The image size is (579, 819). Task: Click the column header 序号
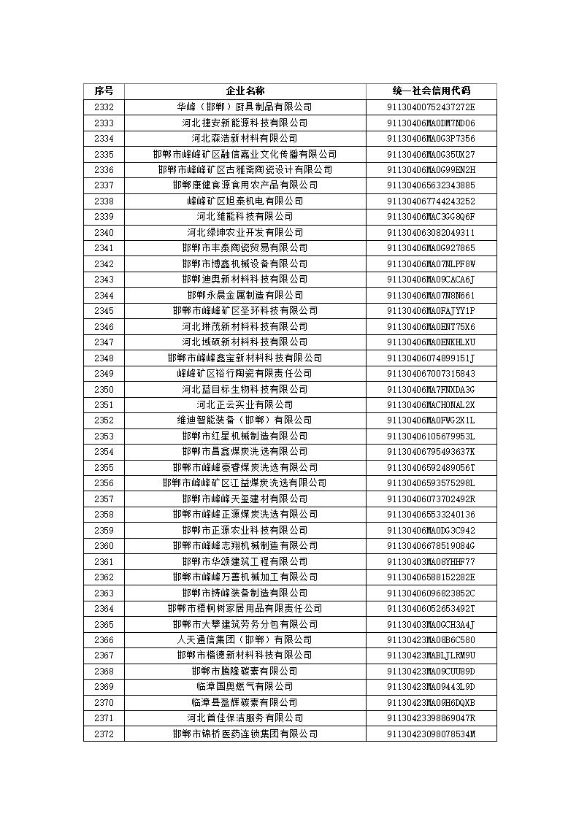(x=104, y=91)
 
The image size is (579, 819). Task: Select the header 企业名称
(x=245, y=91)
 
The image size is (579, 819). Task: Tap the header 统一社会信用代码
(x=431, y=91)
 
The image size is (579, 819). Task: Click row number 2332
(x=104, y=107)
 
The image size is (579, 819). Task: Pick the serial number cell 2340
(x=104, y=232)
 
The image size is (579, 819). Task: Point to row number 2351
(x=104, y=404)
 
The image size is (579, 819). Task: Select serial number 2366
(x=104, y=639)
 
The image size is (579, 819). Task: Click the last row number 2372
(x=104, y=734)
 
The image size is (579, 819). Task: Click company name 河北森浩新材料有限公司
(x=245, y=138)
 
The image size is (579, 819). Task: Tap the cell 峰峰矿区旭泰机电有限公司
(x=245, y=201)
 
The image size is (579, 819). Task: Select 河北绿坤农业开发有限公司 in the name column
(x=245, y=232)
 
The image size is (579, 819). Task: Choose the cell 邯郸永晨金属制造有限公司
(x=245, y=295)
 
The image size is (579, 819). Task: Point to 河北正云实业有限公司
(x=245, y=404)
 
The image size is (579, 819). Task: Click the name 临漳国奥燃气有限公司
(x=245, y=686)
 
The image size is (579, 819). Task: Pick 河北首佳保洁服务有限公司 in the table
(x=245, y=718)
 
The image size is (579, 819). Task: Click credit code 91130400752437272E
(x=431, y=107)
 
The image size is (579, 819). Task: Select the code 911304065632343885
(x=431, y=185)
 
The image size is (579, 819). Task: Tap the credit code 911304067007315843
(x=431, y=373)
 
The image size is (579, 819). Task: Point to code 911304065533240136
(x=431, y=514)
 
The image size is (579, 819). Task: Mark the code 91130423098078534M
(x=431, y=734)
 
